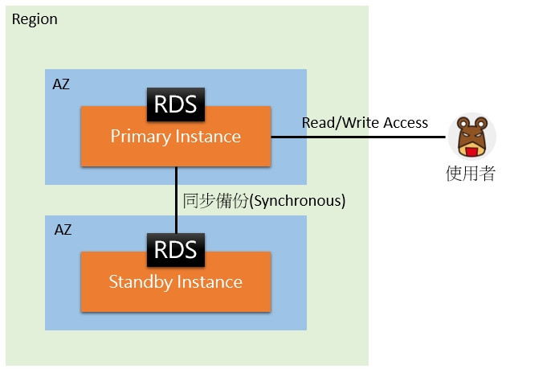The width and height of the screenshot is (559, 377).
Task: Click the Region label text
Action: coord(35,18)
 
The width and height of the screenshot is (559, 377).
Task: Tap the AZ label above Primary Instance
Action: coord(62,84)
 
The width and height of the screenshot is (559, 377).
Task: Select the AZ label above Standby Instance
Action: coord(62,230)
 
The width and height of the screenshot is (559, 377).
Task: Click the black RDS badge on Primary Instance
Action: coord(176,104)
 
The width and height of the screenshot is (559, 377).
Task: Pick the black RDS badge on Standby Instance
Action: coord(176,249)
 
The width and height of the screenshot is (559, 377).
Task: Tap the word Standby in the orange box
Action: coord(139,282)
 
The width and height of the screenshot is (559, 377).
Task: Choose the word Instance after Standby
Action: coord(207,282)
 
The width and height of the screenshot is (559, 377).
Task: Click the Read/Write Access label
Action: coord(365,123)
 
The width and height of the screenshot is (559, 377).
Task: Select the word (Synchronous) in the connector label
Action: coord(298,201)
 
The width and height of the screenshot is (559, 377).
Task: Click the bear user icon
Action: coord(471,137)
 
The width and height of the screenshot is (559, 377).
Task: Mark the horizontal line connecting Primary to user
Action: coord(357,137)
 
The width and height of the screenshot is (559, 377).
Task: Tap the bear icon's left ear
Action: coord(460,123)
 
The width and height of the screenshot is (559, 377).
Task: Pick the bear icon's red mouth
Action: coord(471,150)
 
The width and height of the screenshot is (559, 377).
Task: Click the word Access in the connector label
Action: coord(405,123)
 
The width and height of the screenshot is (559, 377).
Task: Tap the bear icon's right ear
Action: coord(483,123)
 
